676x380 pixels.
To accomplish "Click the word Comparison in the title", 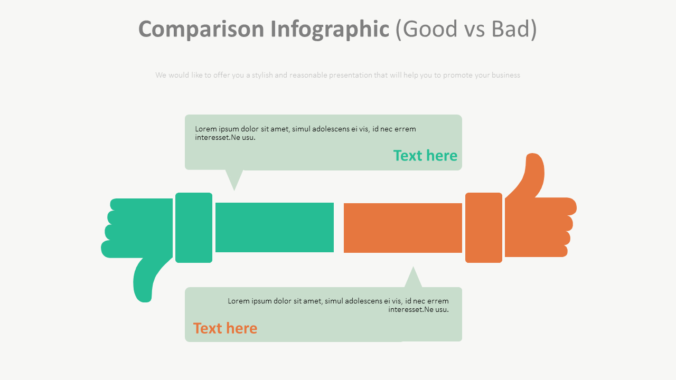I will tap(201, 29).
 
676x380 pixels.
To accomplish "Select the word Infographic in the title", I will tap(330, 29).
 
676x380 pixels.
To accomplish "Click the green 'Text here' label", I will tap(425, 156).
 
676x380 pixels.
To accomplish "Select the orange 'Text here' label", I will tap(225, 328).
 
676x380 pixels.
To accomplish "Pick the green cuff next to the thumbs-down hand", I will tap(194, 227).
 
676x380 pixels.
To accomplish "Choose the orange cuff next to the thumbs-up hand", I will tap(483, 227).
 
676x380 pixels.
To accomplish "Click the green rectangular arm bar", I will tap(275, 227).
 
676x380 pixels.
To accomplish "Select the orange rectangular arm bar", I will tap(402, 228).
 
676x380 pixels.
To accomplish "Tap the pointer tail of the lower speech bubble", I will tap(413, 278).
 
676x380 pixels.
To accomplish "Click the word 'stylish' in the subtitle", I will tap(262, 75).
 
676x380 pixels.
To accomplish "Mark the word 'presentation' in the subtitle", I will tap(351, 75).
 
